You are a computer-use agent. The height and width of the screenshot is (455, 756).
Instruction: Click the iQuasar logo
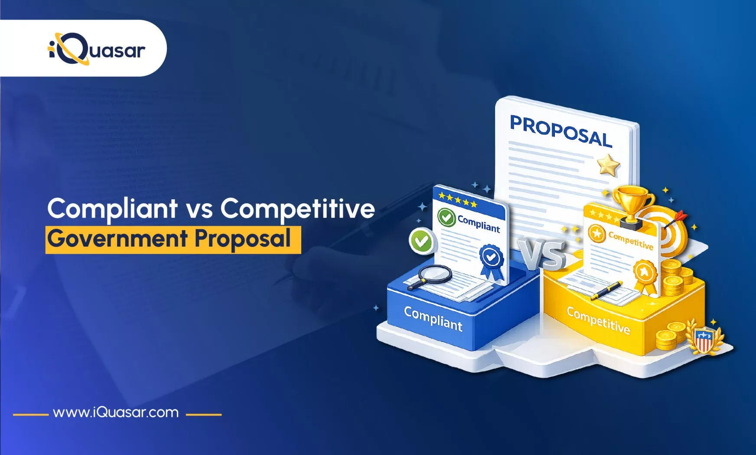[96, 49]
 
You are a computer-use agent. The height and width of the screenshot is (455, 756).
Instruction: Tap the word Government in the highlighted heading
[117, 239]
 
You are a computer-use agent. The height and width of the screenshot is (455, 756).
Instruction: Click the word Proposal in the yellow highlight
[242, 239]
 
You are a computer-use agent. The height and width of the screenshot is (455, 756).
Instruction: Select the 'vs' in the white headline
[199, 209]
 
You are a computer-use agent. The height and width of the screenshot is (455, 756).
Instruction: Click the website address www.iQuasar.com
[116, 412]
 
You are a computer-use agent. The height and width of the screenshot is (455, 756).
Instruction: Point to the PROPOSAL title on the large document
[560, 131]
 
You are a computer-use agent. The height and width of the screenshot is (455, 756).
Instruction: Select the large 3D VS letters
[543, 254]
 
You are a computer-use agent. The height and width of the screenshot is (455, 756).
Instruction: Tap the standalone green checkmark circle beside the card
[421, 241]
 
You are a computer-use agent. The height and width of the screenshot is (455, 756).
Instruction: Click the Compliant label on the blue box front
[433, 318]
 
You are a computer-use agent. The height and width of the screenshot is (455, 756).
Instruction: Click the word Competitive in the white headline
[297, 209]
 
